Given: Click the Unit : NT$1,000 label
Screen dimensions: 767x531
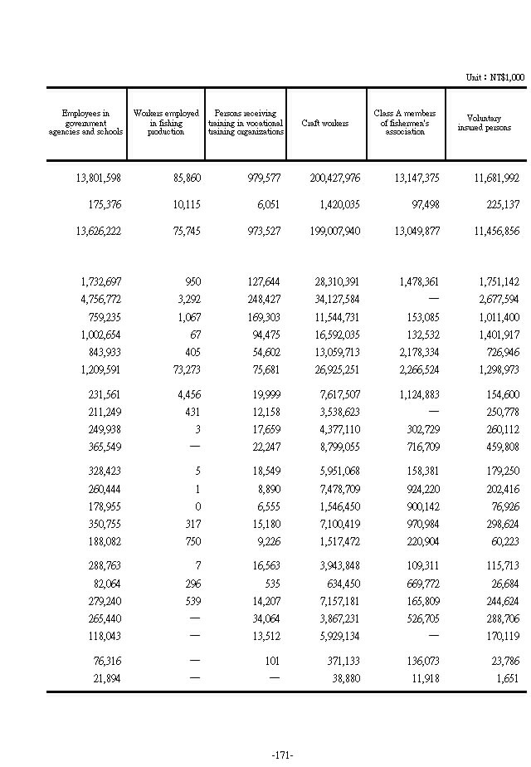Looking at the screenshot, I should point(494,77).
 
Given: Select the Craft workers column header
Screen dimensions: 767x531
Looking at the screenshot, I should point(325,123).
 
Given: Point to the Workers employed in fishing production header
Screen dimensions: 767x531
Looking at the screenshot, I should point(166,123).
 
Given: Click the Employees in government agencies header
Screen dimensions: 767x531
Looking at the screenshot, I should point(85,123).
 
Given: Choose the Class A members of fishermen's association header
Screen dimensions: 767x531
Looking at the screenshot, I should point(405,122).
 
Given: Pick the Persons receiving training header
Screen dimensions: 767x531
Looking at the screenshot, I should point(246,122).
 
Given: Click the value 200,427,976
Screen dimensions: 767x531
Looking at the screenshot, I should point(329,178).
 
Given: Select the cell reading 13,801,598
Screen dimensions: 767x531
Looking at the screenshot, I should point(92,178).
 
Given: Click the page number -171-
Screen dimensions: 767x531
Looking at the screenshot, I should point(282,755).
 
